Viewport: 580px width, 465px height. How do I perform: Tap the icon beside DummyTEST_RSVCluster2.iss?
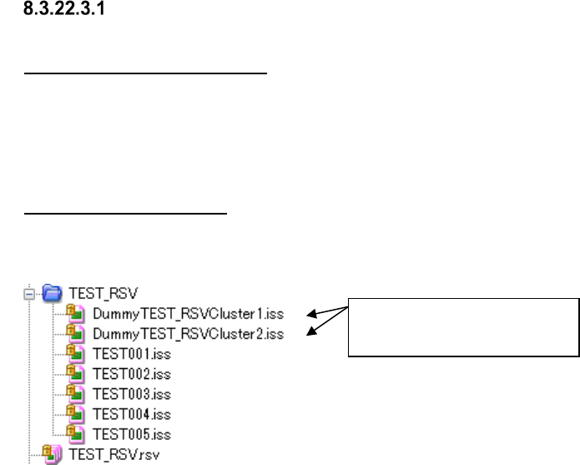click(x=73, y=333)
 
